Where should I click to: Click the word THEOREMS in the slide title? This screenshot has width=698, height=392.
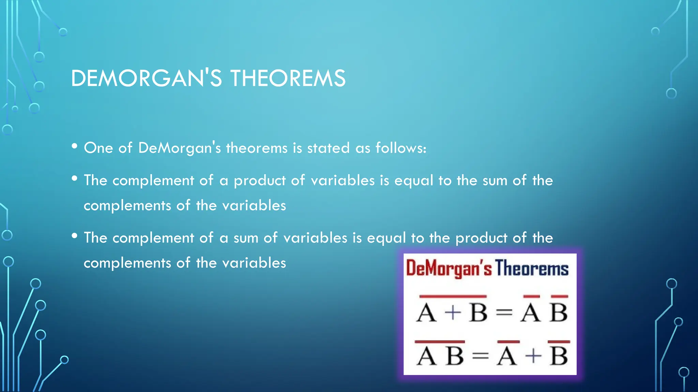(x=288, y=78)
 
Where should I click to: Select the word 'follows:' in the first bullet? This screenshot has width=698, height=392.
(x=401, y=148)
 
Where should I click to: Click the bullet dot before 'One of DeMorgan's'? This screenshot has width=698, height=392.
(x=75, y=146)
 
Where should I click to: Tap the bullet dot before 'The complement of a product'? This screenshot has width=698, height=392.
(x=75, y=179)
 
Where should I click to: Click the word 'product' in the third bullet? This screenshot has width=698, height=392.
(x=481, y=238)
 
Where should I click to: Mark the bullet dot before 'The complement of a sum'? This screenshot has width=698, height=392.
(x=75, y=236)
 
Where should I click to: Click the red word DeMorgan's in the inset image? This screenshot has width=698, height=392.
(x=449, y=268)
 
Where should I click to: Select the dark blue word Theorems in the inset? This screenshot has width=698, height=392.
(x=532, y=268)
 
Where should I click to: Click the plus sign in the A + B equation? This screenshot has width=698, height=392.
(x=453, y=312)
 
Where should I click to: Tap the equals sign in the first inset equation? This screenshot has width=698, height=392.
(x=504, y=312)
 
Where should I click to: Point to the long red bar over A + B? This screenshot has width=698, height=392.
(x=453, y=296)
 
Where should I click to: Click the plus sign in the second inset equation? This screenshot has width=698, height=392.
(x=533, y=356)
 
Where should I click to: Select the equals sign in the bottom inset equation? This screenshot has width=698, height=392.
(x=481, y=356)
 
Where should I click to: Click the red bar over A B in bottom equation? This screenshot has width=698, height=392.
(x=440, y=341)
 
